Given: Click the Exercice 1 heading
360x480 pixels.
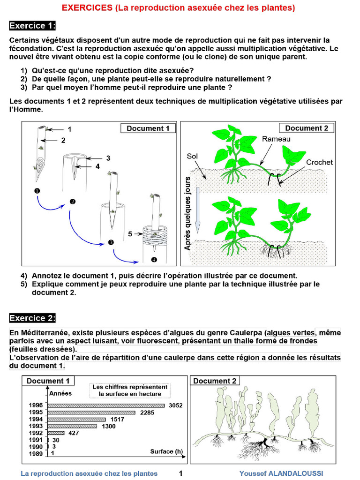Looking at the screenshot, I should (x=32, y=25).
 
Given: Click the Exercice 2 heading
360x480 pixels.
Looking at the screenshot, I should (x=32, y=318).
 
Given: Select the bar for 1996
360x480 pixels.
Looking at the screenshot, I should (x=106, y=405).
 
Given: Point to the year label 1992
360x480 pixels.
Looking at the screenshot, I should (x=36, y=433).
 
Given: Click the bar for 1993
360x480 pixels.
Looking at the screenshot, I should (x=73, y=426).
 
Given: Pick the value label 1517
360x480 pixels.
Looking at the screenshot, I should (x=118, y=420).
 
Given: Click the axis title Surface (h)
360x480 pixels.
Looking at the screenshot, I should (x=166, y=452).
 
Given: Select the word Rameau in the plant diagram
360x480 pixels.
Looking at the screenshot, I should (x=276, y=139).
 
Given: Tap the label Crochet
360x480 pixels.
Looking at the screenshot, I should (x=319, y=162).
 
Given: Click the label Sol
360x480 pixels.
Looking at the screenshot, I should (x=192, y=156).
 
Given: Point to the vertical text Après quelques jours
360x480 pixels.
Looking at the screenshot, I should (x=188, y=213).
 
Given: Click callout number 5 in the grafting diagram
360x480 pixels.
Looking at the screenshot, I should (x=130, y=233).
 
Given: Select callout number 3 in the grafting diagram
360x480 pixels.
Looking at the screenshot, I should (x=108, y=158).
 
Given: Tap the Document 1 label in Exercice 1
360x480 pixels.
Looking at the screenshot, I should (x=148, y=128).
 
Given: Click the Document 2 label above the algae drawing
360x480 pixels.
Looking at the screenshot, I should (x=215, y=381).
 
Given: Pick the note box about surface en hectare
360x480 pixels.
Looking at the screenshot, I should (x=129, y=390).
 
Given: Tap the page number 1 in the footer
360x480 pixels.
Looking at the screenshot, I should (x=180, y=473).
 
